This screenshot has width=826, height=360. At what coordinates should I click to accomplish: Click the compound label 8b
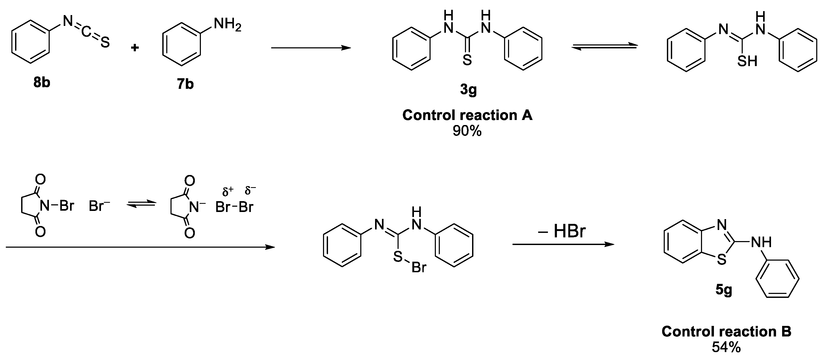[x=42, y=83]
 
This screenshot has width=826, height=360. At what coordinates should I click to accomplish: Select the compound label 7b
[x=185, y=84]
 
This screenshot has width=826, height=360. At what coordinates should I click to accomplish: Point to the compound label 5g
[x=724, y=290]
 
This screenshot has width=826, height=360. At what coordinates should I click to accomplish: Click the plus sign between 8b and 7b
[x=135, y=48]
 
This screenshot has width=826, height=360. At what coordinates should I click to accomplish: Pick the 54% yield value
[x=726, y=347]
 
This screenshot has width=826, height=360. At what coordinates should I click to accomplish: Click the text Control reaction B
[x=726, y=331]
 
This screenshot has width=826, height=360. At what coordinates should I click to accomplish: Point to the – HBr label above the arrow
[x=562, y=232]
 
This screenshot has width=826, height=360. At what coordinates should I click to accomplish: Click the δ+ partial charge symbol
[x=228, y=192]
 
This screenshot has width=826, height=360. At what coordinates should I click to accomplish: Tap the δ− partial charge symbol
[x=250, y=190]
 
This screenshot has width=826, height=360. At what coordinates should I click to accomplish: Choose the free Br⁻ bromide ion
[x=99, y=206]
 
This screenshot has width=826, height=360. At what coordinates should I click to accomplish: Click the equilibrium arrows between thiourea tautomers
[x=604, y=47]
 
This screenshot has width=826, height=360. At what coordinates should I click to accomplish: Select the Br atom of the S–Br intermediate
[x=419, y=267]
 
